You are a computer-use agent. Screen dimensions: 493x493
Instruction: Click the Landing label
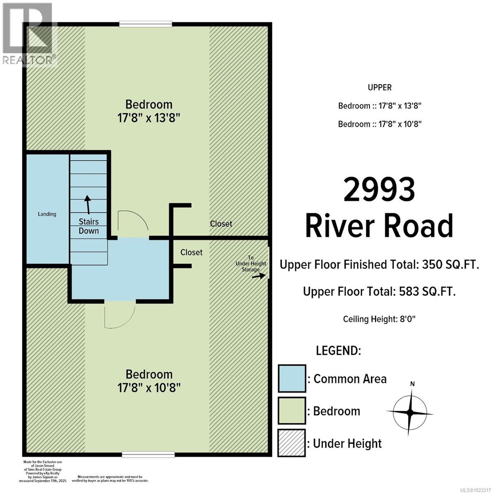tap(47, 214)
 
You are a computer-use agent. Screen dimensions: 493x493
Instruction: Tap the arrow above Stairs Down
tap(87, 203)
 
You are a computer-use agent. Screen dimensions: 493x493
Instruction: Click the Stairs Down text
tap(89, 226)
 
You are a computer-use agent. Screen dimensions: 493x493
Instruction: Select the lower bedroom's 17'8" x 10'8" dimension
tap(149, 387)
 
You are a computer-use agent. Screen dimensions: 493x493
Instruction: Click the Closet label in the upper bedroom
tap(221, 224)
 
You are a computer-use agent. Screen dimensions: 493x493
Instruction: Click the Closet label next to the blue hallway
tap(191, 252)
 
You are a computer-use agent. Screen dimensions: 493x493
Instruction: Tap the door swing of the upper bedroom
tap(132, 221)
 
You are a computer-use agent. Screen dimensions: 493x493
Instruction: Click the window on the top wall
tap(145, 24)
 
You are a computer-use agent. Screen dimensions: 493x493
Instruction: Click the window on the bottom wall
tap(148, 454)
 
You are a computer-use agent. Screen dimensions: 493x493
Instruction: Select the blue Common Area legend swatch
tap(292, 378)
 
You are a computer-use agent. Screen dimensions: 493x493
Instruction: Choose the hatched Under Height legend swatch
tap(292, 443)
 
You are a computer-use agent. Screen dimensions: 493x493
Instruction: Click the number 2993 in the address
tap(379, 190)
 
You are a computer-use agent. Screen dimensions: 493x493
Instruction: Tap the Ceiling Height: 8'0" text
tap(380, 319)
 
